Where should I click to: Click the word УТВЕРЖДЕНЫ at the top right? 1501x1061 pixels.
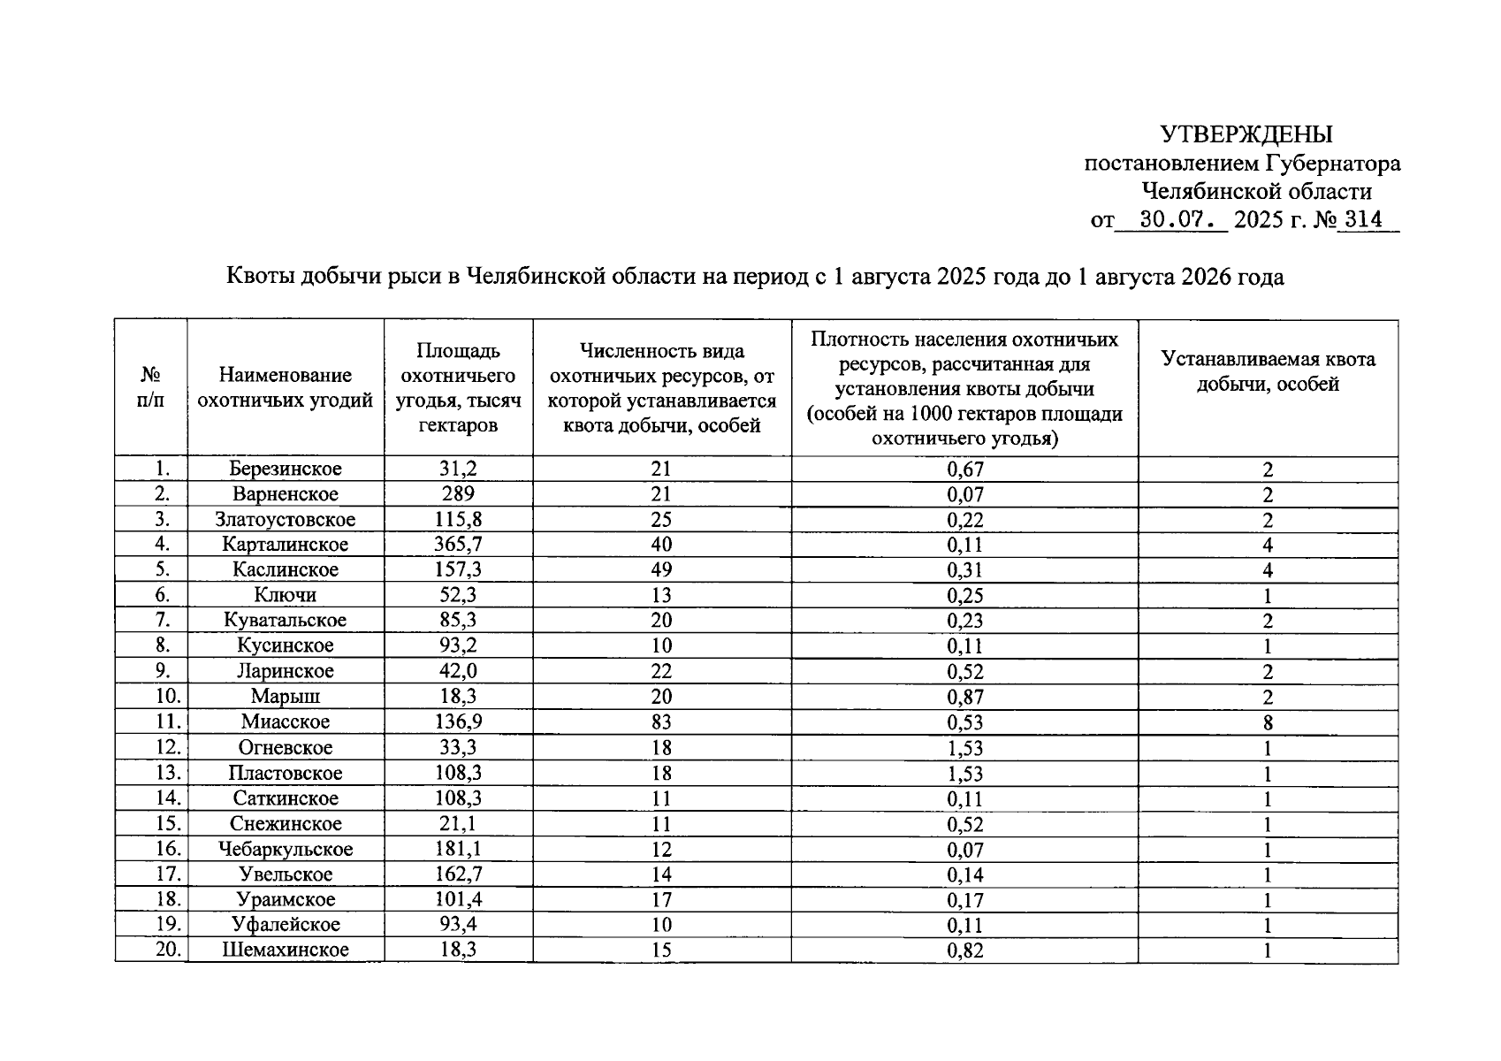[1246, 134]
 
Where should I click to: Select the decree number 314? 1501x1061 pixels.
[1362, 219]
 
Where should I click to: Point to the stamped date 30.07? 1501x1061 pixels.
[1170, 219]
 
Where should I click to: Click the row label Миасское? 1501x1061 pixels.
[285, 721]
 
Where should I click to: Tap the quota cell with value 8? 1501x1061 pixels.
[1268, 722]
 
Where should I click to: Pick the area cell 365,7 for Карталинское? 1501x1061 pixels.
[458, 545]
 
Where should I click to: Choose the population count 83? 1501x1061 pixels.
[660, 722]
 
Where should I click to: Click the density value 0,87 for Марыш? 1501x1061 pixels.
[964, 697]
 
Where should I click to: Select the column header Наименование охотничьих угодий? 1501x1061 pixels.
[285, 388]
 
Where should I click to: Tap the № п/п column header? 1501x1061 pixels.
[150, 388]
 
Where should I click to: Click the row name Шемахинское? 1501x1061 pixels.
[285, 950]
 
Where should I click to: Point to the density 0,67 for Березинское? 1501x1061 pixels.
[964, 469]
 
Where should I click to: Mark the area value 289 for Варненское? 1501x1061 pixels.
[458, 494]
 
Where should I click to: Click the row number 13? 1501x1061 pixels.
[168, 773]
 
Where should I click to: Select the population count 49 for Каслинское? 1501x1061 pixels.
[660, 570]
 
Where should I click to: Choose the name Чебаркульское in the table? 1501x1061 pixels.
[285, 849]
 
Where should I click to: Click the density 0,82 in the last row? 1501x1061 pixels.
[964, 950]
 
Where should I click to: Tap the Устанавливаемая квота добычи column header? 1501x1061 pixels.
[1268, 371]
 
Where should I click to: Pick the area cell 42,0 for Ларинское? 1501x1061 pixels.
[458, 671]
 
